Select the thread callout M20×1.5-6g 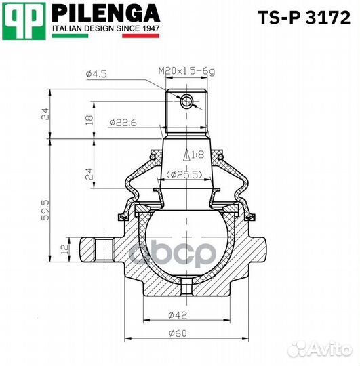tap(184, 70)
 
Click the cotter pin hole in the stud tap(188, 102)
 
